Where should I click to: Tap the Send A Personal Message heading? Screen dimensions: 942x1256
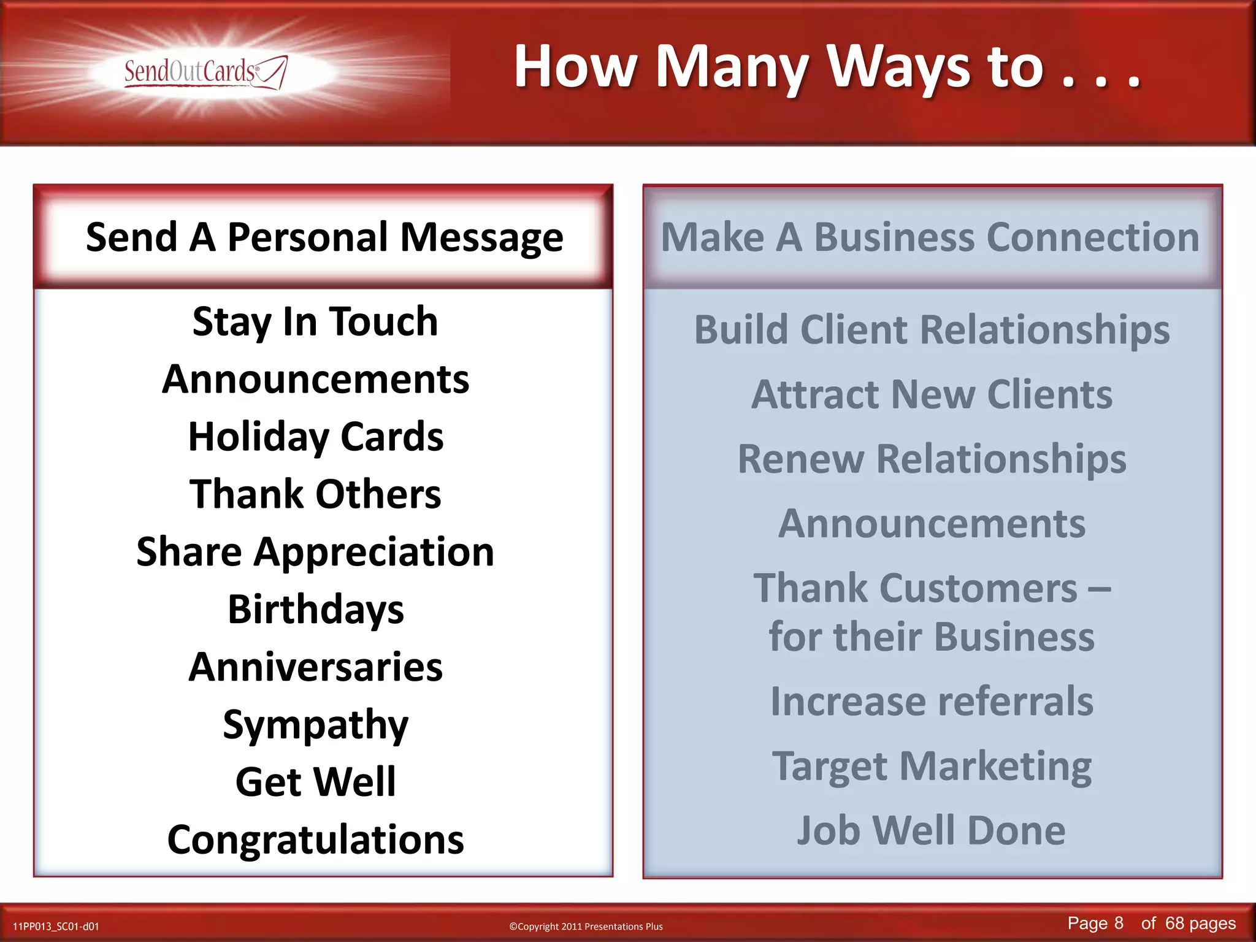pos(324,237)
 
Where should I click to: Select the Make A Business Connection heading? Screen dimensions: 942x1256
pos(930,237)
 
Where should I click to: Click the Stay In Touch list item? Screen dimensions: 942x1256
pos(315,321)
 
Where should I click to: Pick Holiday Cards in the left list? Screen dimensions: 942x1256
pos(315,437)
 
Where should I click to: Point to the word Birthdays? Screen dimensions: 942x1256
pos(315,610)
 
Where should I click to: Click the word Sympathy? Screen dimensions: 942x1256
pos(315,725)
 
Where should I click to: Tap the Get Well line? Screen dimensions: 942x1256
pos(315,782)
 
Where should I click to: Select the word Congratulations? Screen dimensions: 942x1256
pos(315,840)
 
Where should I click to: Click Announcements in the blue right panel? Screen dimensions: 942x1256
pos(932,524)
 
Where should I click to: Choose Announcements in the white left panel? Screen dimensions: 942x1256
pos(315,379)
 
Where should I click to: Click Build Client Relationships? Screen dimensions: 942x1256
pos(932,330)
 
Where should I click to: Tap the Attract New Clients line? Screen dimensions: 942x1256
pos(932,394)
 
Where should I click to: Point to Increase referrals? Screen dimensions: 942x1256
pos(932,701)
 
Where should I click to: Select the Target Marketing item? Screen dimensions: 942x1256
pos(932,766)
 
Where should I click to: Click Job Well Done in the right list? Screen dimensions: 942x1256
pos(932,830)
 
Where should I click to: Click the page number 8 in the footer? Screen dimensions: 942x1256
pos(1119,923)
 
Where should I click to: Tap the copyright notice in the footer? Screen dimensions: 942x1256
pos(586,926)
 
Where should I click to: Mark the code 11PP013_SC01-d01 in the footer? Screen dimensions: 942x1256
pos(56,926)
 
